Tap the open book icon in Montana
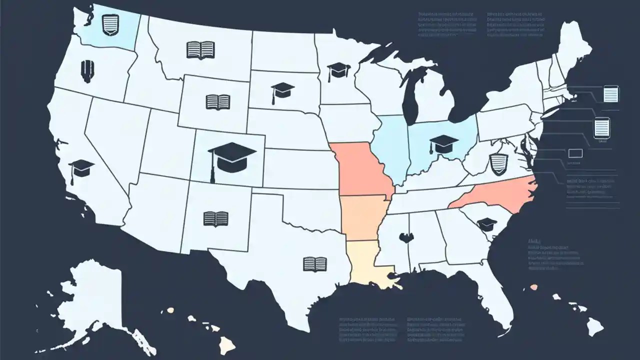(x=200, y=49)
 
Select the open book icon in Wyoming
(x=217, y=102)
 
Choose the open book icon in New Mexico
(x=216, y=218)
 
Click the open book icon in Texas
(x=315, y=263)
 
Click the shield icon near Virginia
(x=498, y=164)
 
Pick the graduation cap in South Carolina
(x=486, y=224)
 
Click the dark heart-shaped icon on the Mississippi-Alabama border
(x=405, y=237)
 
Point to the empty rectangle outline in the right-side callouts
(x=575, y=153)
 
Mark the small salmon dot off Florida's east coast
(x=534, y=287)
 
